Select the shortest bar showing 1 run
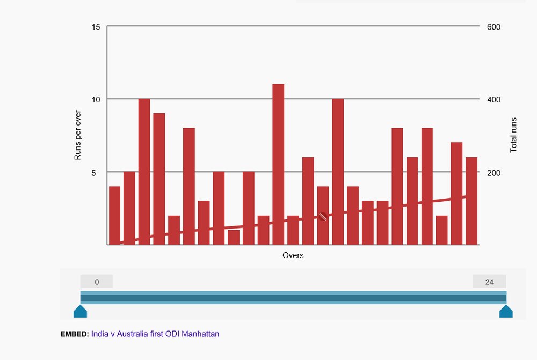(x=234, y=237)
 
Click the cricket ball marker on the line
(x=323, y=216)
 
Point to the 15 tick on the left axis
(x=97, y=27)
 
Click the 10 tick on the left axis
(x=97, y=100)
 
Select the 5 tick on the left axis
(x=98, y=173)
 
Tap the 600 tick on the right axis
(x=494, y=27)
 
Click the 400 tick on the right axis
(x=494, y=100)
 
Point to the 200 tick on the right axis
(x=494, y=173)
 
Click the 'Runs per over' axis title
(x=77, y=136)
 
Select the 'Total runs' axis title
(x=513, y=135)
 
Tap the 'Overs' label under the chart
(x=293, y=255)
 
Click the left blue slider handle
(x=80, y=312)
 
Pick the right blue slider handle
(x=506, y=312)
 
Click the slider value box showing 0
(x=97, y=282)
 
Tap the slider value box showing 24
(x=489, y=282)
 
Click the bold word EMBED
(x=74, y=334)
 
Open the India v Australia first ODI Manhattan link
(x=155, y=334)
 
